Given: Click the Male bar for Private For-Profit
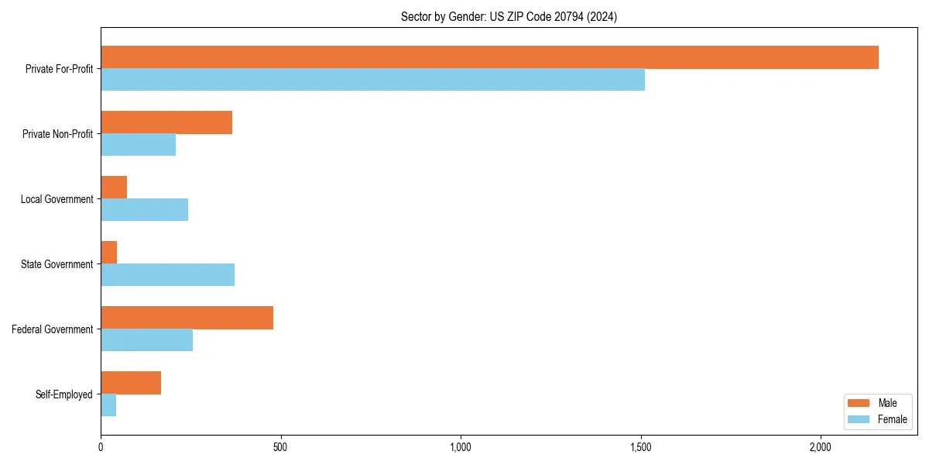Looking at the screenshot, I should pyautogui.click(x=489, y=57).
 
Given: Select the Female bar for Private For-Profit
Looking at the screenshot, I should pyautogui.click(x=372, y=80).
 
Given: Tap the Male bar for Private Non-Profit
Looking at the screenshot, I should pyautogui.click(x=166, y=122).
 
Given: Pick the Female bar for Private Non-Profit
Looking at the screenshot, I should pyautogui.click(x=138, y=145).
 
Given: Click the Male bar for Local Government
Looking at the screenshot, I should pyautogui.click(x=114, y=188).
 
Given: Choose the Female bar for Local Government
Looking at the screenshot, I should pyautogui.click(x=144, y=210).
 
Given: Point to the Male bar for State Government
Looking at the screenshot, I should pyautogui.click(x=109, y=253).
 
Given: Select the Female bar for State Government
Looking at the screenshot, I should pyautogui.click(x=167, y=275).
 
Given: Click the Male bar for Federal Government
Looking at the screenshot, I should pyautogui.click(x=187, y=318).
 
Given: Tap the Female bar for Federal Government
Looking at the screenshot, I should pyautogui.click(x=146, y=340).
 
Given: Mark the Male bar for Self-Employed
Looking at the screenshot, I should pyautogui.click(x=131, y=383).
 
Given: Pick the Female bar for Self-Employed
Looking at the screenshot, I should pyautogui.click(x=108, y=405).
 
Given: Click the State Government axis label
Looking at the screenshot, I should pyautogui.click(x=57, y=264).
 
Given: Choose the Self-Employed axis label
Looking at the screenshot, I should pyautogui.click(x=63, y=394).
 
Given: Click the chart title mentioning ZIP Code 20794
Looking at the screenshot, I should pyautogui.click(x=509, y=17).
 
